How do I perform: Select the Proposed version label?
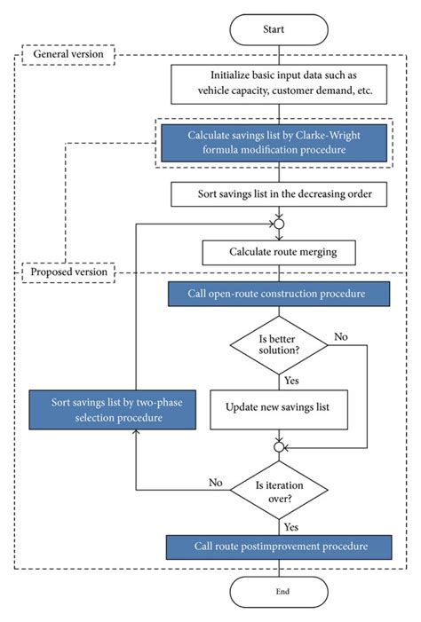pyautogui.click(x=68, y=272)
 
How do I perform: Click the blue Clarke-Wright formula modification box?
pyautogui.click(x=274, y=142)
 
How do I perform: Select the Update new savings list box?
pyautogui.click(x=278, y=409)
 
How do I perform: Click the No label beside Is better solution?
pyautogui.click(x=340, y=337)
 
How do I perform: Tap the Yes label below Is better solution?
pyautogui.click(x=292, y=381)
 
